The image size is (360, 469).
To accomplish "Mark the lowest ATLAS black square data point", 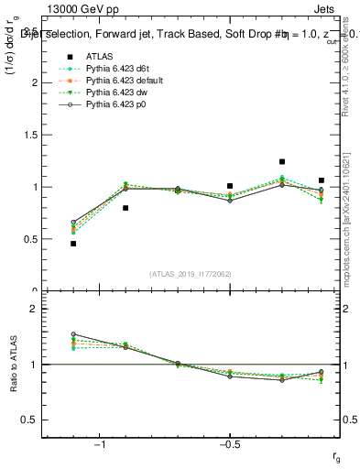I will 73,244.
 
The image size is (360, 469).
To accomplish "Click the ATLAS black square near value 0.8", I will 125,208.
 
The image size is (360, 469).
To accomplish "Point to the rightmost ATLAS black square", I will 322,180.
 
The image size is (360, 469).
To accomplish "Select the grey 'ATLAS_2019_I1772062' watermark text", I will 191,274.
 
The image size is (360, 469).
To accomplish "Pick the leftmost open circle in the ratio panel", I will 73,334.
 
